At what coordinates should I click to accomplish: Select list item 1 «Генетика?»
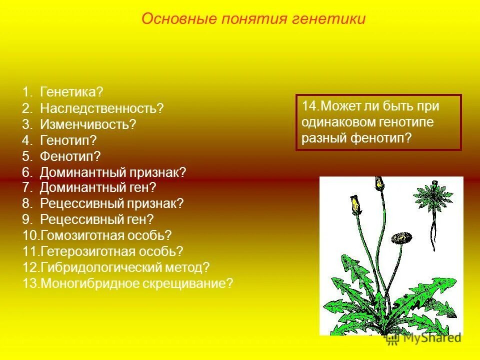click(x=71, y=92)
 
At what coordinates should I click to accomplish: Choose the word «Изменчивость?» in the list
click(x=88, y=124)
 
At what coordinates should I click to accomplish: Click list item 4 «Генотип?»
click(x=68, y=140)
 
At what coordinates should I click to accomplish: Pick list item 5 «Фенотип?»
click(x=70, y=156)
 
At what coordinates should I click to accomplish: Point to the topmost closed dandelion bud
click(x=380, y=183)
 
